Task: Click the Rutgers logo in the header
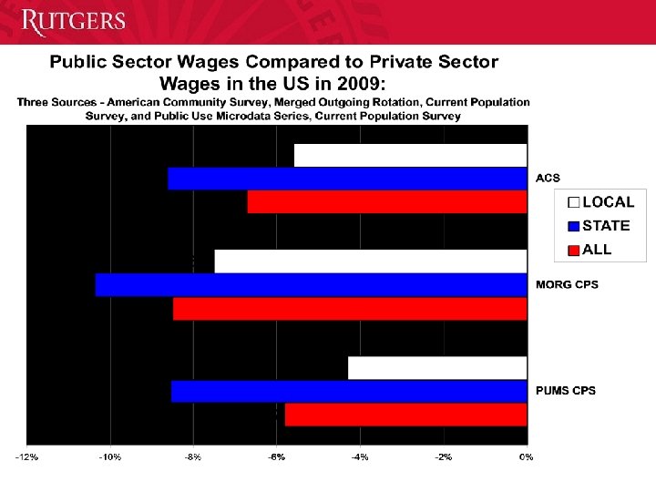click(x=73, y=22)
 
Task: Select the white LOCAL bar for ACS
click(x=410, y=156)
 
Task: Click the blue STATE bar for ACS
click(x=347, y=179)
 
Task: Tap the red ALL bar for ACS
click(x=387, y=201)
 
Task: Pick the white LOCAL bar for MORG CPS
click(x=371, y=261)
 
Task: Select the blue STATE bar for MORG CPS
click(x=311, y=285)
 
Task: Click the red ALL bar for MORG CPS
click(x=350, y=309)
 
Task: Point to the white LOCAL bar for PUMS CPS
click(x=437, y=368)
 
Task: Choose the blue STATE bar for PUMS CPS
click(x=349, y=392)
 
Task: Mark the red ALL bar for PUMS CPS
click(x=405, y=415)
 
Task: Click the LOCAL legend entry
click(x=600, y=202)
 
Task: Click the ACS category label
click(x=548, y=178)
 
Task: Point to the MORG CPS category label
click(x=568, y=285)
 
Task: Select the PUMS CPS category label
click(x=566, y=391)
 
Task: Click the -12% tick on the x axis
click(x=27, y=456)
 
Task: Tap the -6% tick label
click(x=277, y=456)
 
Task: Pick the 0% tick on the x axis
click(x=526, y=456)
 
